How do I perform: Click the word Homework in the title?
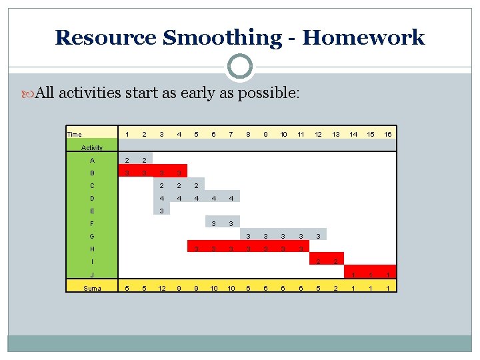coord(363,37)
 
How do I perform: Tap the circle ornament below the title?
coord(240,67)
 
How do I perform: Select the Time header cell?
coord(75,135)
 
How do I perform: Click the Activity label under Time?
coord(92,147)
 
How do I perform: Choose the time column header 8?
coord(248,135)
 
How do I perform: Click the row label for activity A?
coord(92,160)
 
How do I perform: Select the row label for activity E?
coord(92,211)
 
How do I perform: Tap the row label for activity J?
coord(92,274)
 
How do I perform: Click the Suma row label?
coord(92,287)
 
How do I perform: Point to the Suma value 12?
coord(161,287)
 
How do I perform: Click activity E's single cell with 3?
coord(161,211)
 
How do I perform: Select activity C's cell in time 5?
coord(196,185)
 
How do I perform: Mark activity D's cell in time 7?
coord(231,198)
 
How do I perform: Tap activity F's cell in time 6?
coord(213,223)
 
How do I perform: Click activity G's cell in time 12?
coord(318,236)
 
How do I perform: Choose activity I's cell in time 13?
coord(336,261)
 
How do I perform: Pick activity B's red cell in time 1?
coord(127,173)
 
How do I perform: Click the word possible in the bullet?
coord(271,93)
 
